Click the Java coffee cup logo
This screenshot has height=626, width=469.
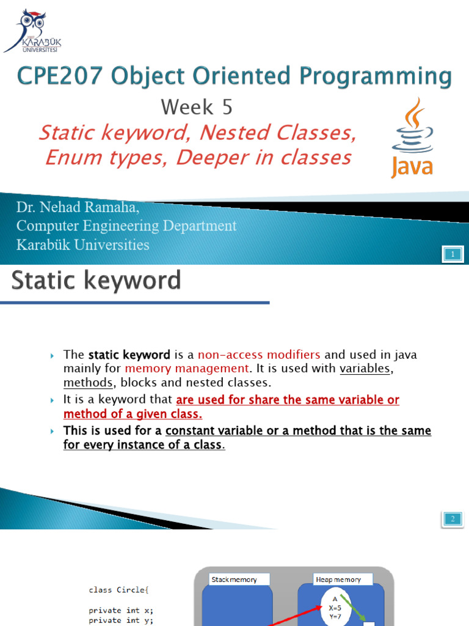click(412, 138)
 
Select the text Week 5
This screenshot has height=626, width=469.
click(197, 108)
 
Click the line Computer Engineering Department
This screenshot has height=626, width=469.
click(126, 226)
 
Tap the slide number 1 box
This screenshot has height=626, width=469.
click(453, 254)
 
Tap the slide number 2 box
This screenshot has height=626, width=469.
click(453, 519)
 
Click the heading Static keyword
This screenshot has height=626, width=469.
click(96, 281)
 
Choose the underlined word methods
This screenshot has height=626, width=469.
click(88, 383)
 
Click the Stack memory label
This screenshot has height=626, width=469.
click(234, 579)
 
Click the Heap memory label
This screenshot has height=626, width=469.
click(338, 579)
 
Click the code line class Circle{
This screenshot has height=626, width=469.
click(118, 591)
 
